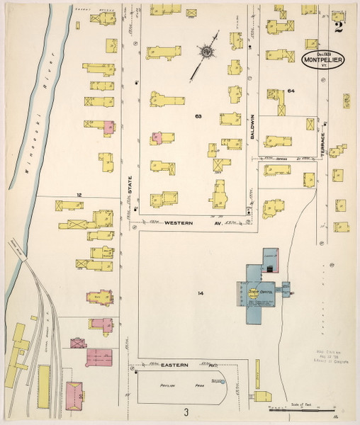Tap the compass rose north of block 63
pos(206,51)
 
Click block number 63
pos(198,115)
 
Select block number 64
pos(291,91)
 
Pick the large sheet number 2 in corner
pos(341,28)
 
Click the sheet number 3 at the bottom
pos(186,412)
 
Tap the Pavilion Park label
pos(176,386)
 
